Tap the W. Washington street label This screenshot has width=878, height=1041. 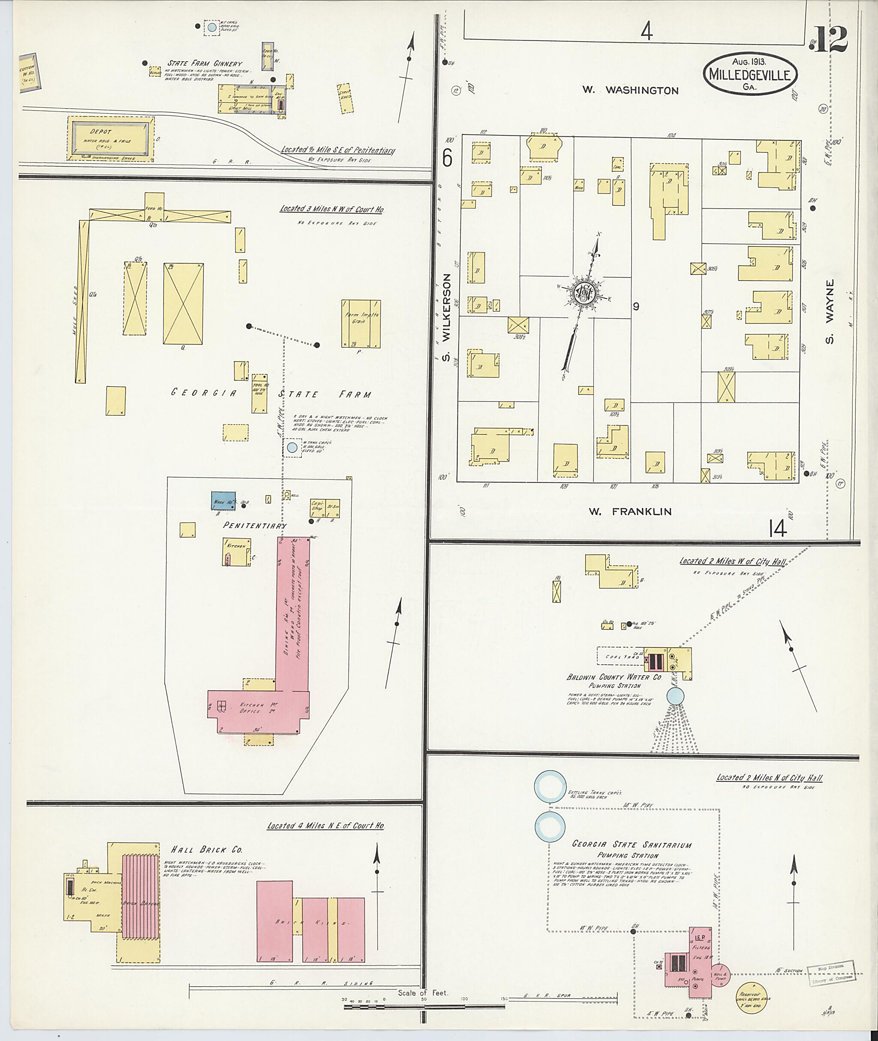point(631,90)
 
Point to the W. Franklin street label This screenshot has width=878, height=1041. point(630,511)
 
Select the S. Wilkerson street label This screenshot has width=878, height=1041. point(446,317)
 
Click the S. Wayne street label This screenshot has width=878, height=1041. point(829,312)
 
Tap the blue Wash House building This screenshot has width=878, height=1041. point(223,500)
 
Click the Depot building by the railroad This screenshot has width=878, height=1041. point(111,138)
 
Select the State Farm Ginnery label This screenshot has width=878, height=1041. point(204,64)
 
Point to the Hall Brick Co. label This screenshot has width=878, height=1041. point(206,849)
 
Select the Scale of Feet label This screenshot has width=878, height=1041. point(423,993)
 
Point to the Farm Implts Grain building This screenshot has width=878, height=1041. point(361,324)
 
